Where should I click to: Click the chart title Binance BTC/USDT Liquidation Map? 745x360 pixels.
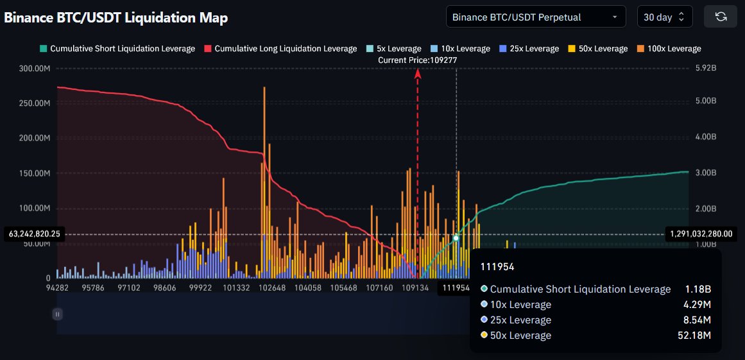click(116, 17)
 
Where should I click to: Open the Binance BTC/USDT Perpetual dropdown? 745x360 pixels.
click(535, 17)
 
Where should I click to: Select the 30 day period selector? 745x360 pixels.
click(664, 17)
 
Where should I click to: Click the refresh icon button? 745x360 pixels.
click(720, 17)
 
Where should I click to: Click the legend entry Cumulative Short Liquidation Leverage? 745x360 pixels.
click(117, 49)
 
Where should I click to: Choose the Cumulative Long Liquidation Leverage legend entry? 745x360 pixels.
click(280, 49)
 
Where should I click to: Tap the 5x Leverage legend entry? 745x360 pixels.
click(393, 49)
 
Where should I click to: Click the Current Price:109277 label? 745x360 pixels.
click(417, 60)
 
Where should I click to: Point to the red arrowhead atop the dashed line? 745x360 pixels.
click(418, 74)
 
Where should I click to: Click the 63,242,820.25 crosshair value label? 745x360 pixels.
click(35, 234)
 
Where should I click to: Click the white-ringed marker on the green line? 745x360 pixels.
click(456, 238)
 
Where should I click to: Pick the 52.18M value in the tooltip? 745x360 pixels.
click(696, 336)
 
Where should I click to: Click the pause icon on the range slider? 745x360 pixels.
click(58, 314)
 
